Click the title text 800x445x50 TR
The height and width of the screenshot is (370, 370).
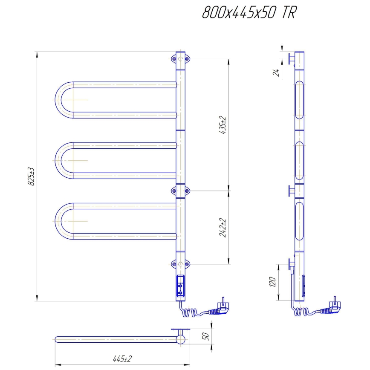click(x=249, y=13)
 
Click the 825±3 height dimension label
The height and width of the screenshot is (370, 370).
click(x=31, y=176)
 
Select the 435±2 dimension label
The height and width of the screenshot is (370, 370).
click(x=222, y=125)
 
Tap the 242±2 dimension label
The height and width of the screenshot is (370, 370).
click(x=222, y=228)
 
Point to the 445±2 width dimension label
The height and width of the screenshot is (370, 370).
click(x=122, y=359)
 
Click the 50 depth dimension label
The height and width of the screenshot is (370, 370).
click(x=206, y=336)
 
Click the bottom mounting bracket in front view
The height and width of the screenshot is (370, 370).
click(x=181, y=264)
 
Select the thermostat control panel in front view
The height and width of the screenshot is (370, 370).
click(x=181, y=286)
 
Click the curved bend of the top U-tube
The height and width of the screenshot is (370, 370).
click(x=60, y=99)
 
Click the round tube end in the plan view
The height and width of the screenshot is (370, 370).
click(x=181, y=339)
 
